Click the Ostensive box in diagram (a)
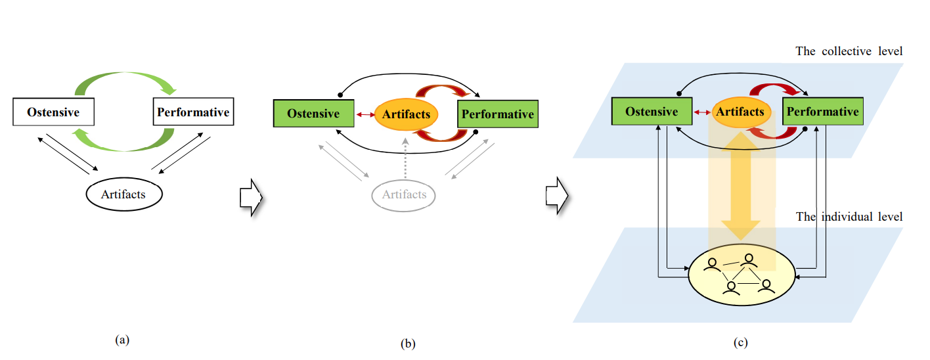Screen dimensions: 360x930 click(53, 112)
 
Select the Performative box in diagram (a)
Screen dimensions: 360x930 click(193, 112)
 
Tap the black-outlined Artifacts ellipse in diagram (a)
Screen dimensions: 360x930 click(125, 194)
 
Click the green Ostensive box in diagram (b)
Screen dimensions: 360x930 click(313, 114)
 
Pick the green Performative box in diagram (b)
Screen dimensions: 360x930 click(498, 114)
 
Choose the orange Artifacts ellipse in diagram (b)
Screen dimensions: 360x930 click(406, 114)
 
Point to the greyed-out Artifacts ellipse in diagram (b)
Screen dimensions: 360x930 click(404, 194)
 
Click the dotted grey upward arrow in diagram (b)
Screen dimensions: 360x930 click(405, 158)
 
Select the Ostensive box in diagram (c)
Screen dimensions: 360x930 click(651, 112)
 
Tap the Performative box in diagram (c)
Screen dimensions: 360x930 click(822, 112)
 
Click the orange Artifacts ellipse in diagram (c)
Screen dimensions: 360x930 click(740, 112)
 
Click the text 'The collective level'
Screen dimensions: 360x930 click(849, 51)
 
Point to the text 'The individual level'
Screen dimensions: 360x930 click(849, 216)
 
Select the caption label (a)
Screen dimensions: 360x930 click(122, 340)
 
